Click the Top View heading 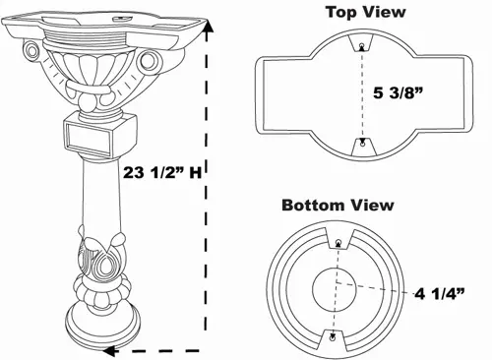coord(366,13)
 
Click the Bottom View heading coord(338,206)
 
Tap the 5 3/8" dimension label coord(398,92)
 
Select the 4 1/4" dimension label coord(440,294)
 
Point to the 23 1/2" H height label coord(162,172)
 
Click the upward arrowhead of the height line coord(207,26)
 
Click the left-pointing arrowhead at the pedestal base coord(109,351)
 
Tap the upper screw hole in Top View coord(361,45)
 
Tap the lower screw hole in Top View coord(362,144)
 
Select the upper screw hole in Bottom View coord(338,243)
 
